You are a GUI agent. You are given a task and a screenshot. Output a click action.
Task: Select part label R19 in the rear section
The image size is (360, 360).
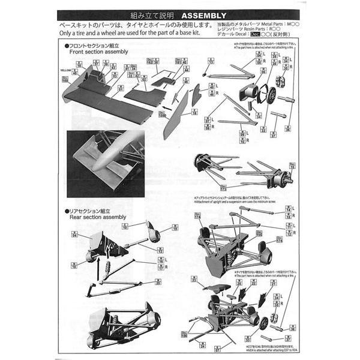[175, 228]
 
